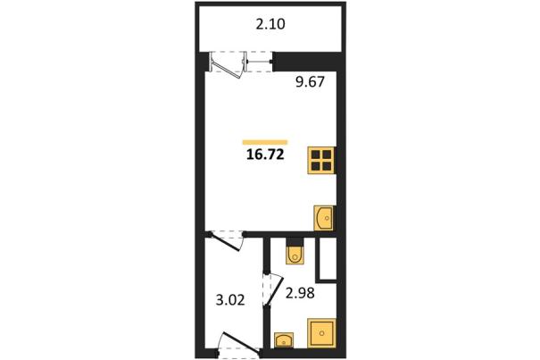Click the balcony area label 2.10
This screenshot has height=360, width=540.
[270, 24]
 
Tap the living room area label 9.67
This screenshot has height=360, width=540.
[310, 82]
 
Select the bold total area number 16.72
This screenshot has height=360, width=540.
[265, 155]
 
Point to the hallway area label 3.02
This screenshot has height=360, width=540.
[230, 299]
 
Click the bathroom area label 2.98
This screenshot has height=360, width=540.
[300, 293]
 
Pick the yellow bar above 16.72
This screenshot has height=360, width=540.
[265, 142]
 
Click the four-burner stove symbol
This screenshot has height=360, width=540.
[321, 160]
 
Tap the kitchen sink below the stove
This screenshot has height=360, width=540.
[324, 218]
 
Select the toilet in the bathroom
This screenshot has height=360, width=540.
[295, 255]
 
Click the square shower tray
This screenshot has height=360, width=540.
[321, 333]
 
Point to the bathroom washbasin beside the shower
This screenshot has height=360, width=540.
[284, 340]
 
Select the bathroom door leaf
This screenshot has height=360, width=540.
[275, 290]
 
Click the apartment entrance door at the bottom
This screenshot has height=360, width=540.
[241, 343]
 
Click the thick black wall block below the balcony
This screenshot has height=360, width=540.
[306, 62]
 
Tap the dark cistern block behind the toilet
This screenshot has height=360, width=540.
[295, 241]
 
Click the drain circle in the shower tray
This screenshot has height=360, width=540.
[321, 333]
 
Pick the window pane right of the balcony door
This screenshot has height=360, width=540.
[259, 62]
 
